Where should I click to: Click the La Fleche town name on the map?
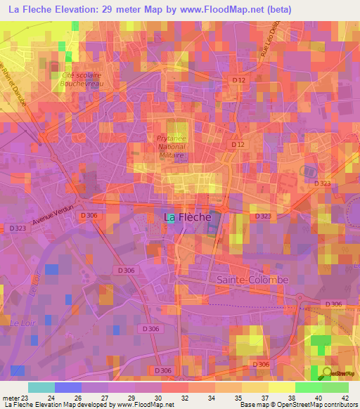187,217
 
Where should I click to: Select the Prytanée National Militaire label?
175,148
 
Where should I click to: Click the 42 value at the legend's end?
345,398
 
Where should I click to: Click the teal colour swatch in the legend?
41,387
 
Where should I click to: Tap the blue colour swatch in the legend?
68,387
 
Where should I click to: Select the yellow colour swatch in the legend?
281,387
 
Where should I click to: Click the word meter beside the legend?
10,398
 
